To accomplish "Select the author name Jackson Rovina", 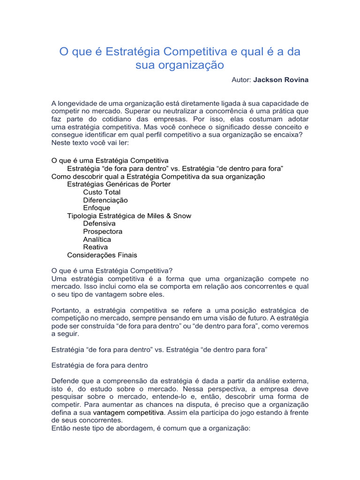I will click(281, 80).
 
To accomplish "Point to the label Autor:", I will click(241, 80).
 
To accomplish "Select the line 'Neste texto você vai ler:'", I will click(86, 142).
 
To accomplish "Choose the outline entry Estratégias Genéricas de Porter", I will click(119, 184).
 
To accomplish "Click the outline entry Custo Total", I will click(102, 192).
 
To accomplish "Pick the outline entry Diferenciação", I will click(105, 200).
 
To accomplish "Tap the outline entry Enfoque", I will click(97, 208).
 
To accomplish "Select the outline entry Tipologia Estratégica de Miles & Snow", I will click(129, 216).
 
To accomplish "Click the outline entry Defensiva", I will click(99, 224).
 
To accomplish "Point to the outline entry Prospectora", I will click(103, 232).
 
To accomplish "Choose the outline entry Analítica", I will click(97, 240).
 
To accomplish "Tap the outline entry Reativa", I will click(95, 247).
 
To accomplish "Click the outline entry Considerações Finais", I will click(102, 255).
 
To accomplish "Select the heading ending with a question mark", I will click(112, 270).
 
